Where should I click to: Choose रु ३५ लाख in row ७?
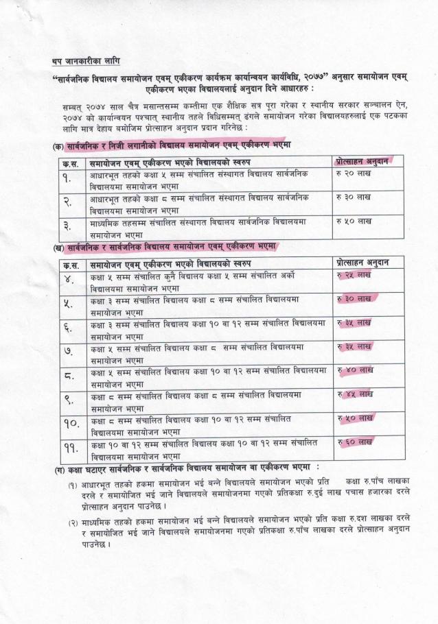pos(354,346)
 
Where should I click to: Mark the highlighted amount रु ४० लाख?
pos(354,370)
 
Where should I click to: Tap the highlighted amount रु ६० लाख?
pos(354,442)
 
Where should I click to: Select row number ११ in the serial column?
pos(71,448)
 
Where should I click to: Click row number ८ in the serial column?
pos(69,376)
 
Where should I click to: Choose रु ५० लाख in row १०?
pos(354,418)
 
